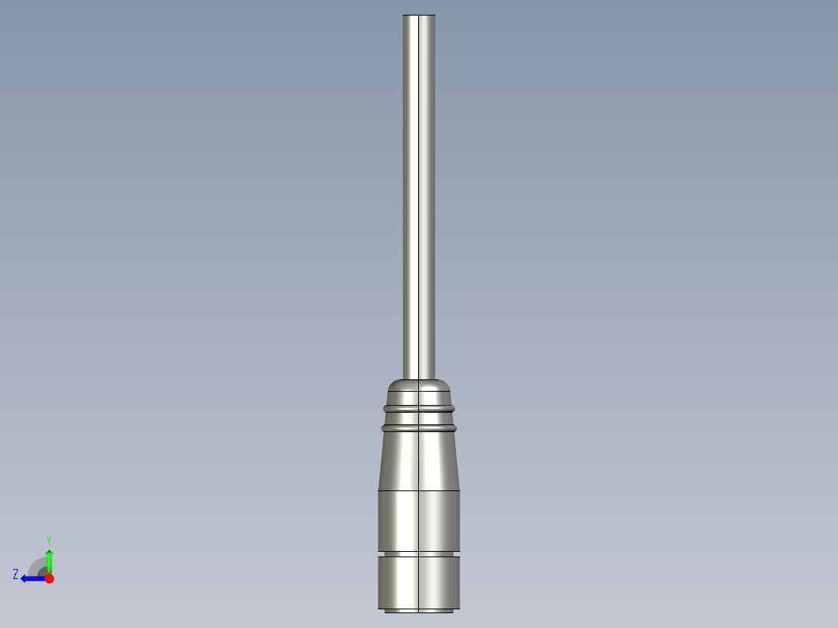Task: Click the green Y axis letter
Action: pyautogui.click(x=48, y=539)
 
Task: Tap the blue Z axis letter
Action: pyautogui.click(x=16, y=574)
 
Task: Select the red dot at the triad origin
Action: pyautogui.click(x=49, y=578)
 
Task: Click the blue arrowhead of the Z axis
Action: pyautogui.click(x=25, y=578)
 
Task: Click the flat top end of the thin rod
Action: pyautogui.click(x=419, y=16)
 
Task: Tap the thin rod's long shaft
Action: pyautogui.click(x=419, y=194)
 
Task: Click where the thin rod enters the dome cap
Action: pyautogui.click(x=419, y=378)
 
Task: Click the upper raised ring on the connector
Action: pyautogui.click(x=419, y=406)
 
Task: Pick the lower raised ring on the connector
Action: pyautogui.click(x=419, y=427)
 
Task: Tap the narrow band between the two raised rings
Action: pyautogui.click(x=419, y=417)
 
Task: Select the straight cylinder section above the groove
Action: pyautogui.click(x=419, y=521)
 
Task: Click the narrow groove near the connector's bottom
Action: pyautogui.click(x=419, y=553)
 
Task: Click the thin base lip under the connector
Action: pyautogui.click(x=419, y=610)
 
